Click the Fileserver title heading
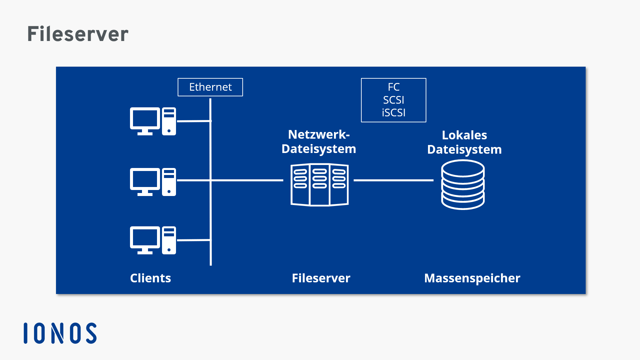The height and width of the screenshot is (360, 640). [x=78, y=34]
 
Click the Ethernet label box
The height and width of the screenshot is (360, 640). [x=210, y=87]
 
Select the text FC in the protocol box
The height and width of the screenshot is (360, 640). [x=393, y=87]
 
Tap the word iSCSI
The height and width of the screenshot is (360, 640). [x=393, y=113]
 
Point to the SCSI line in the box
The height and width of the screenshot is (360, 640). [x=393, y=100]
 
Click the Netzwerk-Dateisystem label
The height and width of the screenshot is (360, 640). [x=319, y=142]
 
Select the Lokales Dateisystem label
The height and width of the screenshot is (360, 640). [x=464, y=142]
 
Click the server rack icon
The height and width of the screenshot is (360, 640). [x=319, y=185]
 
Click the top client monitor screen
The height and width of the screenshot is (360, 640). [x=145, y=119]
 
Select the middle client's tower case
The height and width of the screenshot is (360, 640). [x=169, y=182]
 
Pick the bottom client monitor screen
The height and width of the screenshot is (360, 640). [x=145, y=238]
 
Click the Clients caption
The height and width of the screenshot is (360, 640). [x=150, y=278]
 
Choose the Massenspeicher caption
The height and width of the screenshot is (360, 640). [x=472, y=278]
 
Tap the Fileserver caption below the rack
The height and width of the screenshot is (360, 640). [x=321, y=278]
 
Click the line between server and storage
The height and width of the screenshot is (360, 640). [x=393, y=180]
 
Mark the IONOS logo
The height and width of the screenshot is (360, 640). [x=60, y=333]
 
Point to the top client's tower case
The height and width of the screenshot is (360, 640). [x=169, y=121]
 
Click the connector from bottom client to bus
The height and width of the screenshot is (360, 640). [x=193, y=240]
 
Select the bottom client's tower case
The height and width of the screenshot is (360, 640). [x=169, y=240]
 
